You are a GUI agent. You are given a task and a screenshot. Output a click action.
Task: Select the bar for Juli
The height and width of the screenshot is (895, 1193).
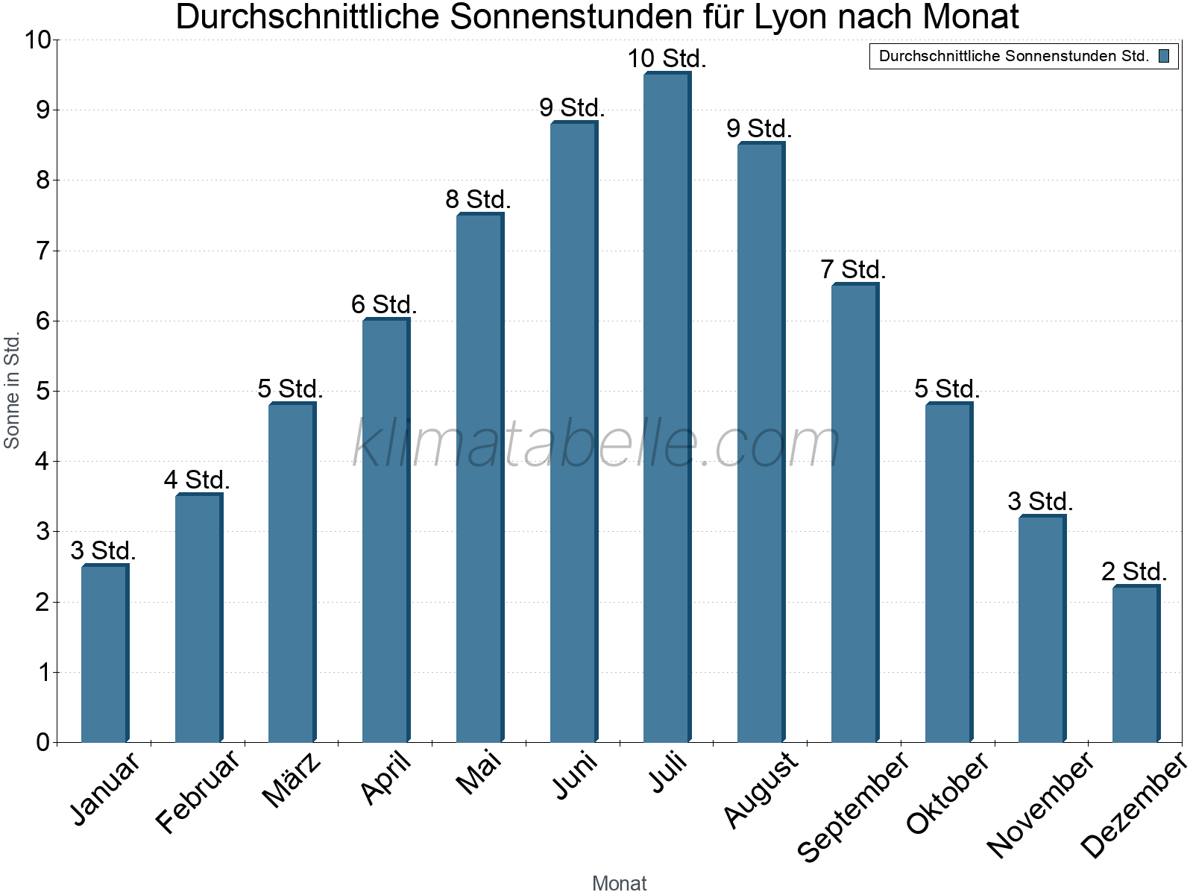coord(667,407)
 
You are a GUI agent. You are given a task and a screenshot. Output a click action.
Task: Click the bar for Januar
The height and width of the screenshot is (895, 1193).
coord(105,653)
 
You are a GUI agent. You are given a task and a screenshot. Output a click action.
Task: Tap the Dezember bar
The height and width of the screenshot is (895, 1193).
coord(1136,664)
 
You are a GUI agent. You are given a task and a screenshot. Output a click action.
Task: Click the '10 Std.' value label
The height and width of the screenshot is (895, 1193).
coord(667,58)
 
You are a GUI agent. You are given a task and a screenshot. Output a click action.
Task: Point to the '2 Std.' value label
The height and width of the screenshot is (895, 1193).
coord(1133,571)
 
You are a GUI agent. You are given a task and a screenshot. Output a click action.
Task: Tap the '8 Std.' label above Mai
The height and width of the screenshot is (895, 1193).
coord(478,199)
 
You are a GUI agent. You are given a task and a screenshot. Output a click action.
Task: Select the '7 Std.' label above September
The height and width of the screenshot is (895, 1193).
coord(853,269)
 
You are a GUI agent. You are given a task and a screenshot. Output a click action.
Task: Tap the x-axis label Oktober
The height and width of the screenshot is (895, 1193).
coord(948,792)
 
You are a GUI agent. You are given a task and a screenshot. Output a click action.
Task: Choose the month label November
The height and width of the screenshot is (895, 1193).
coord(1040,804)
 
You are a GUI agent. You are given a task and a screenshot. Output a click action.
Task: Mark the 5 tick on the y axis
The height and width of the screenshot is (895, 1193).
coord(43,392)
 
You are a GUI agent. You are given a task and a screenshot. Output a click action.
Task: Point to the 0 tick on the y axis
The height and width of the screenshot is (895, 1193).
coord(43,743)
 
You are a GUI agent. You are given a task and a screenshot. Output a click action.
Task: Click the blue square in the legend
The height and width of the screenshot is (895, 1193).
coord(1164,56)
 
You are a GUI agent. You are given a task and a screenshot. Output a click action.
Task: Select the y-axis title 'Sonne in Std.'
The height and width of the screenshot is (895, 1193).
coord(12,390)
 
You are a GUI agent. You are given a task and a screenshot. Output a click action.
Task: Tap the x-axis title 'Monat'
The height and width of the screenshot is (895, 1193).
coord(619,883)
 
